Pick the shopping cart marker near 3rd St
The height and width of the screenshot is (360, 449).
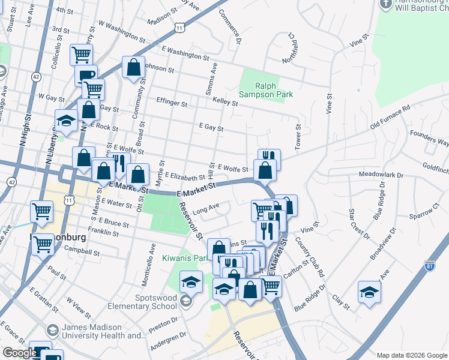80,55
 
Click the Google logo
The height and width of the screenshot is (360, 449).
20,353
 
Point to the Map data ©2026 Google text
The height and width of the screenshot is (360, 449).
412,355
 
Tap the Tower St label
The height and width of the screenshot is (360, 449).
297,134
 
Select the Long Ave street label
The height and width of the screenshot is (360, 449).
205,209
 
